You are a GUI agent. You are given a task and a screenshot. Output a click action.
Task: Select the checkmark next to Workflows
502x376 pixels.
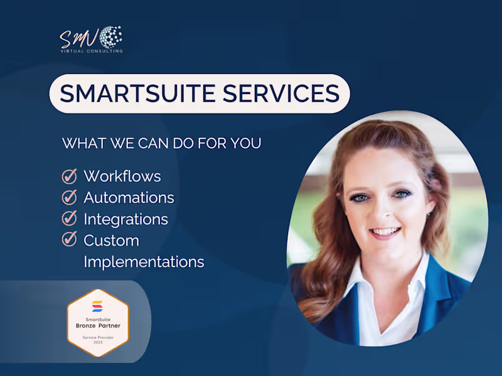tap(69, 176)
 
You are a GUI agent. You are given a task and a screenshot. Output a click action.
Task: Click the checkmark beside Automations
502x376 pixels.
tap(69, 197)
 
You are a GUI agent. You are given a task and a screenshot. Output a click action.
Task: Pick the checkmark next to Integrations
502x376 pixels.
tap(69, 219)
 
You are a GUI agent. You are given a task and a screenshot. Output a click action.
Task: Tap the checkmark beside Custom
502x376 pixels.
tap(69, 239)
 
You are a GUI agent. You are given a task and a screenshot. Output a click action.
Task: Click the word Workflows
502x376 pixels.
tap(122, 176)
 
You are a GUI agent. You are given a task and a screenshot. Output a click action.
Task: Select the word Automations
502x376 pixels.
tap(129, 197)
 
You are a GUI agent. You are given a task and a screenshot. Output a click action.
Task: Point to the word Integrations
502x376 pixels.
tap(125, 219)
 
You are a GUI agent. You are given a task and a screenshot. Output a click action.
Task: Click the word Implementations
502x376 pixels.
tap(144, 261)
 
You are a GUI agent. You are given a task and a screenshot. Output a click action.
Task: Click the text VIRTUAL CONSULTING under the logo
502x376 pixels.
tap(91, 51)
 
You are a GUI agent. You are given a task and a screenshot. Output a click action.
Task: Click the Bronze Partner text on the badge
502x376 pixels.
tap(97, 326)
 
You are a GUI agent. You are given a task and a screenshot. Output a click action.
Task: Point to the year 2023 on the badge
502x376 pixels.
tap(97, 343)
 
